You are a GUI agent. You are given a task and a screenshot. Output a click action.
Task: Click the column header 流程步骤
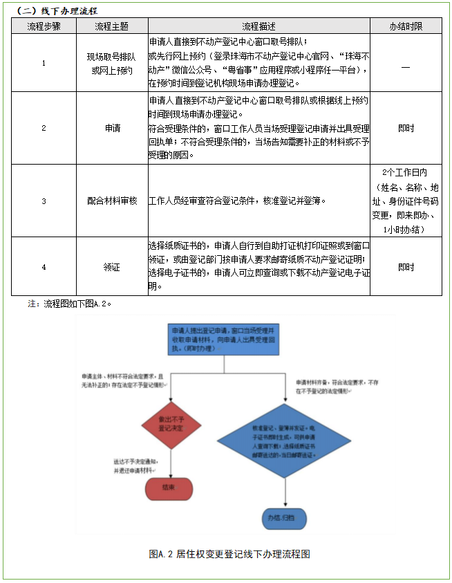click(44, 26)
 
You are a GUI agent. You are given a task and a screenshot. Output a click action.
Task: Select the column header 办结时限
click(406, 26)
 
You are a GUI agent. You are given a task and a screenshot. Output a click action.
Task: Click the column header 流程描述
click(258, 26)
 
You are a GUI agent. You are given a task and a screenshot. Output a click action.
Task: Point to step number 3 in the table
click(44, 201)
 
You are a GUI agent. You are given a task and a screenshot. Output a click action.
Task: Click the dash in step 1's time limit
click(406, 66)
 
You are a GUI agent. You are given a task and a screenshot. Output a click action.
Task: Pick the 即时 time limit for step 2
click(406, 128)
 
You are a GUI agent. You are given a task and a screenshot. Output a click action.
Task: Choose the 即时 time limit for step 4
click(406, 266)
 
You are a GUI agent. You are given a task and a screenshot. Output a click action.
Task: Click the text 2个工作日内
click(406, 173)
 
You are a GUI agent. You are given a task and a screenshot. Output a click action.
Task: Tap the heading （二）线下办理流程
click(56, 11)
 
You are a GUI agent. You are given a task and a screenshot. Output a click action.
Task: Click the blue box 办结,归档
click(286, 517)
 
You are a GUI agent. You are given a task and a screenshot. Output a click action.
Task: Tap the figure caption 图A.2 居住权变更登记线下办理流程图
click(229, 554)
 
